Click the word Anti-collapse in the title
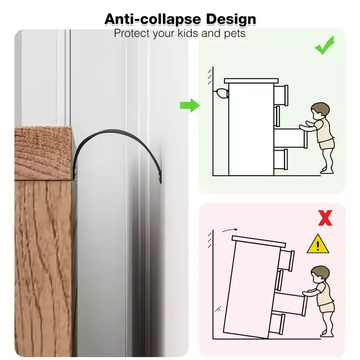pyautogui.click(x=153, y=19)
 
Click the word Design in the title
pyautogui.click(x=231, y=20)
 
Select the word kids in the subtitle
pyautogui.click(x=188, y=33)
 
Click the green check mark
pyautogui.click(x=324, y=45)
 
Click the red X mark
pyautogui.click(x=325, y=218)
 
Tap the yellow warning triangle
pyautogui.click(x=318, y=244)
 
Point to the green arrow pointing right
pyautogui.click(x=190, y=105)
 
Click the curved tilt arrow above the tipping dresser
pyautogui.click(x=229, y=230)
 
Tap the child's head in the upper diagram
pyautogui.click(x=320, y=111)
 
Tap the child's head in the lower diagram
pyautogui.click(x=320, y=274)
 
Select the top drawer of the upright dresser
pyautogui.click(x=281, y=95)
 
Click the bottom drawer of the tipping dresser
pyautogui.click(x=277, y=324)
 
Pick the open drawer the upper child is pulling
pyautogui.click(x=290, y=139)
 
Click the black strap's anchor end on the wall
pyautogui.click(x=160, y=180)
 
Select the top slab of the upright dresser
pyautogui.click(x=251, y=81)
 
